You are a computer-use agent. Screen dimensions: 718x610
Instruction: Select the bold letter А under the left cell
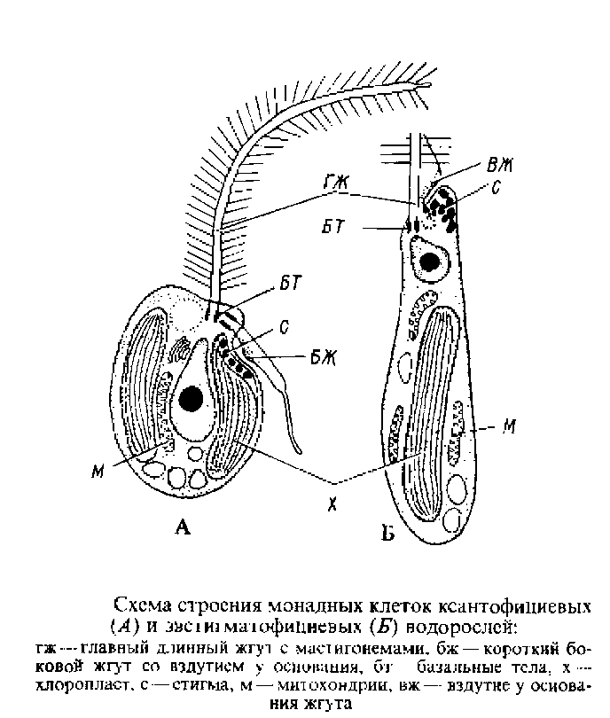point(183,528)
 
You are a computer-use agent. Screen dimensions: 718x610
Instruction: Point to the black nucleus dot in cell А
point(189,401)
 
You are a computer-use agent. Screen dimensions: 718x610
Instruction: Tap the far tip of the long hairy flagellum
point(429,85)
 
